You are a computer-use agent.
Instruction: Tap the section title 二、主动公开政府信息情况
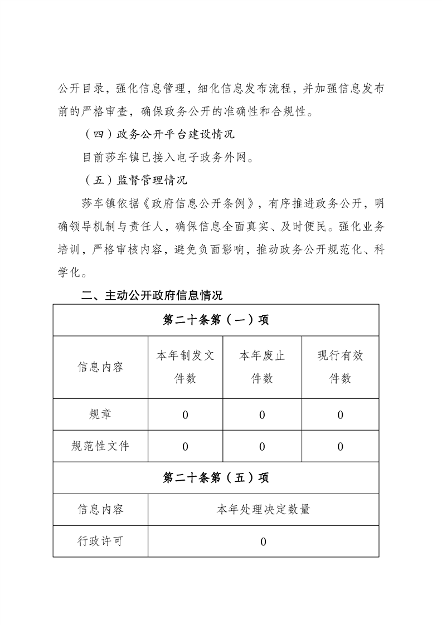[152, 295]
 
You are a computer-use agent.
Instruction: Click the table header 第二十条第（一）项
[216, 320]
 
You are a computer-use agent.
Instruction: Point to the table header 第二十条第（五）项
[216, 478]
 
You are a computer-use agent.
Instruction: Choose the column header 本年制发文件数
[185, 367]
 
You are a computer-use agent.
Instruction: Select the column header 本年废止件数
[262, 367]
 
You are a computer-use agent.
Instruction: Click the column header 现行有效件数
[340, 367]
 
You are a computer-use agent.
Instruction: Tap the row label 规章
[100, 414]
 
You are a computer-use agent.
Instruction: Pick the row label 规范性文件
[100, 446]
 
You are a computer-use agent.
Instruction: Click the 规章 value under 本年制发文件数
[185, 415]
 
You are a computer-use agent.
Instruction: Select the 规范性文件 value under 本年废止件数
[262, 447]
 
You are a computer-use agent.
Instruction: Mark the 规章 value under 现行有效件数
[340, 415]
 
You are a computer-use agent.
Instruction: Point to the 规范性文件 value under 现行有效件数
[340, 447]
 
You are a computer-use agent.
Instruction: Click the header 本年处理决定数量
[263, 509]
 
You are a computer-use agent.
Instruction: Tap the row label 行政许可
[100, 541]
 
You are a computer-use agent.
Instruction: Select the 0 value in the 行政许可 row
[263, 541]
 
